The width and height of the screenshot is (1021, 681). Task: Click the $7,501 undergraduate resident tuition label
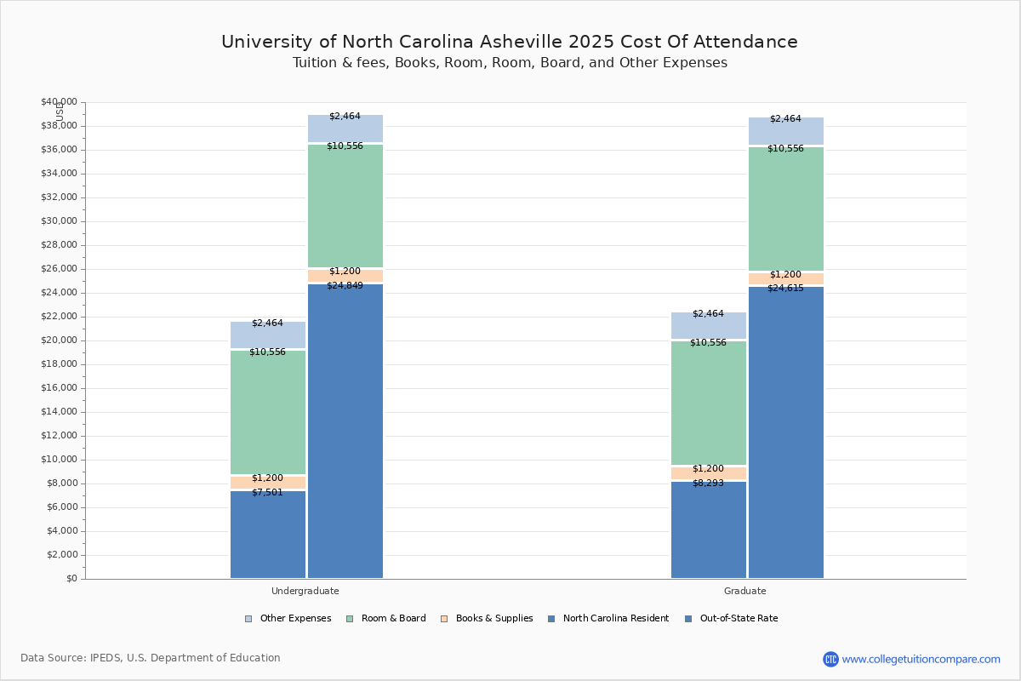pyautogui.click(x=267, y=492)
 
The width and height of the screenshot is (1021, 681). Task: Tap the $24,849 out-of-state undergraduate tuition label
pyautogui.click(x=345, y=285)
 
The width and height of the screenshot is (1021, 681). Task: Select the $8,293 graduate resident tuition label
pyautogui.click(x=708, y=483)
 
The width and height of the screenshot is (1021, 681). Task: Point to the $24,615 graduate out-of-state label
pyautogui.click(x=785, y=288)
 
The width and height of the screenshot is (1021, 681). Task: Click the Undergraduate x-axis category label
pyautogui.click(x=305, y=591)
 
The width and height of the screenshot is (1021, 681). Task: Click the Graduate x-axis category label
pyautogui.click(x=745, y=591)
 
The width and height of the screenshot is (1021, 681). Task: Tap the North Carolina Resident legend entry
pyautogui.click(x=608, y=619)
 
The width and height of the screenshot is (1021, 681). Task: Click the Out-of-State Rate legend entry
pyautogui.click(x=731, y=619)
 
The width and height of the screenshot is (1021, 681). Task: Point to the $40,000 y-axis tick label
pyautogui.click(x=59, y=102)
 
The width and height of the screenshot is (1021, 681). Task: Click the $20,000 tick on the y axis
pyautogui.click(x=59, y=340)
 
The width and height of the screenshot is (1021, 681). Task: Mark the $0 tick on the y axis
pyautogui.click(x=70, y=579)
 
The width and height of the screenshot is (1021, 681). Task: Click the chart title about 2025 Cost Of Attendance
pyautogui.click(x=510, y=42)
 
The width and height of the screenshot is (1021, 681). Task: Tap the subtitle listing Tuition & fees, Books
pyautogui.click(x=510, y=63)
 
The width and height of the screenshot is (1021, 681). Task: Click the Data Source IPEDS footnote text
pyautogui.click(x=151, y=658)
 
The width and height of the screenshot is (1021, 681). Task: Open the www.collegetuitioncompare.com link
pyautogui.click(x=921, y=659)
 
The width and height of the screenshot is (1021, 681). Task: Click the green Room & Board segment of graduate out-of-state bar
pyautogui.click(x=785, y=209)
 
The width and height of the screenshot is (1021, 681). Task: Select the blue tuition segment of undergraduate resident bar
pyautogui.click(x=267, y=536)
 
